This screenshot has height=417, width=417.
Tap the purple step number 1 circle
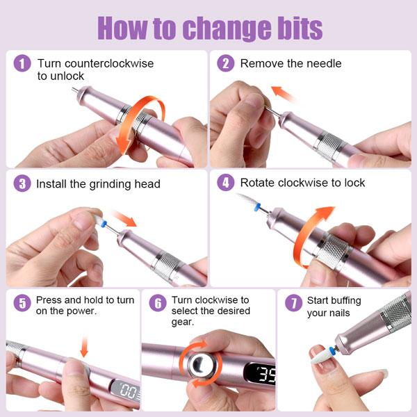point(23,63)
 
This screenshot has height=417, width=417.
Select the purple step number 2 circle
point(225,63)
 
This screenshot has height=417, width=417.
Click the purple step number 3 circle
point(23,183)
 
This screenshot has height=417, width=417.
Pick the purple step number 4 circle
point(225,183)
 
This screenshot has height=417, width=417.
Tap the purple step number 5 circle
point(23,302)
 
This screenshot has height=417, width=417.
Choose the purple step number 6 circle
point(159,302)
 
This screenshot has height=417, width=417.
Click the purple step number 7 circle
point(293,302)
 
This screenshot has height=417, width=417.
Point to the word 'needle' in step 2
point(325,63)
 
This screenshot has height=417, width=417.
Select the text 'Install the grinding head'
point(99,184)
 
